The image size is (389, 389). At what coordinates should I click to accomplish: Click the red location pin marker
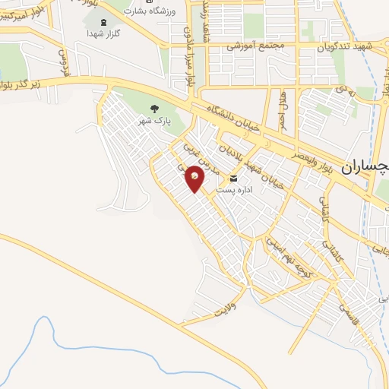pyautogui.click(x=195, y=177)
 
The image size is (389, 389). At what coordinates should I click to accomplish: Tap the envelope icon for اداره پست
pyautogui.click(x=233, y=179)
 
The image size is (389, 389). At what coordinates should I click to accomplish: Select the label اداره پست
pyautogui.click(x=232, y=189)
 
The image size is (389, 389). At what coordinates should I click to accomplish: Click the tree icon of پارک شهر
pyautogui.click(x=156, y=109)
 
